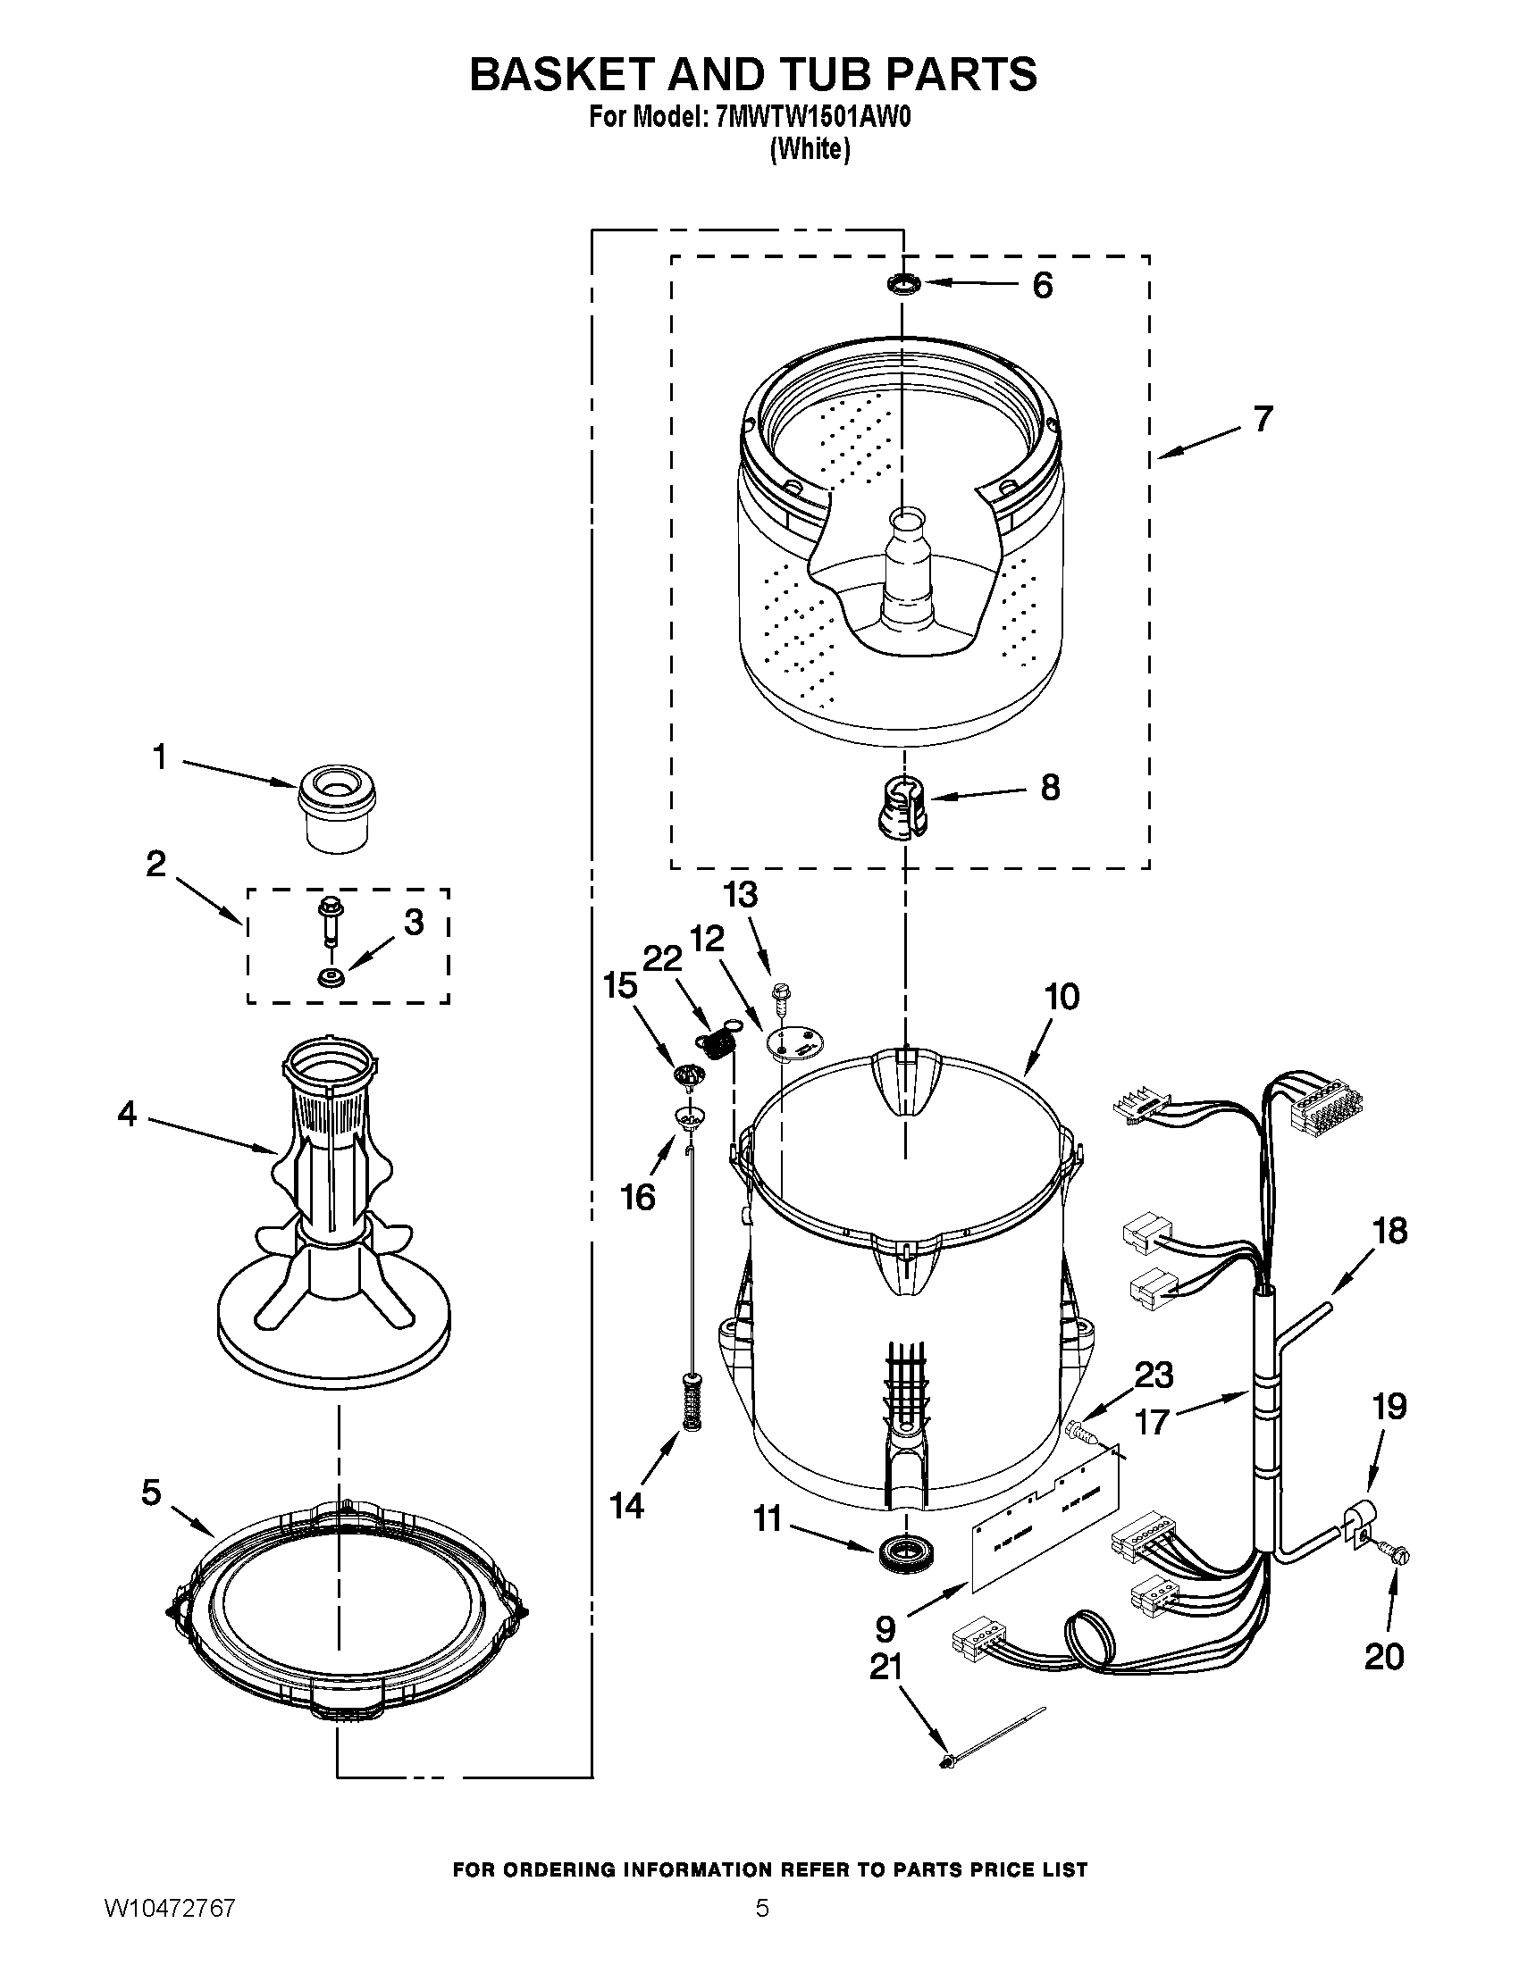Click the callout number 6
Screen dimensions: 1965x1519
(1042, 285)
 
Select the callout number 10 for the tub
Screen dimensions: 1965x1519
(1062, 997)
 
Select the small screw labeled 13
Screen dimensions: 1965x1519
(780, 994)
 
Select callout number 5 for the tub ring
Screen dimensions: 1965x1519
(151, 1493)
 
